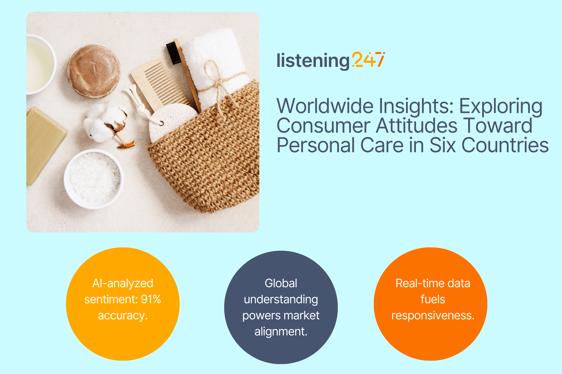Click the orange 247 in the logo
coord(369,60)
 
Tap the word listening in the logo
coord(313,61)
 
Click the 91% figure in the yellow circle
coord(151,299)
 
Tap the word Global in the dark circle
coord(281,283)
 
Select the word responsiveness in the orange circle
coord(433,316)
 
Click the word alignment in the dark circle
coord(281,332)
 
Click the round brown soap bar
coord(94,71)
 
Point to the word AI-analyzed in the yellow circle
coord(123,283)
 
